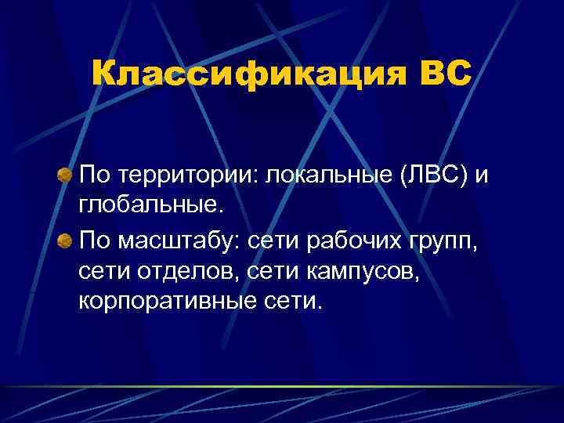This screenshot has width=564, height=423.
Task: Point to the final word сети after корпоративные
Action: coord(291,302)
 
